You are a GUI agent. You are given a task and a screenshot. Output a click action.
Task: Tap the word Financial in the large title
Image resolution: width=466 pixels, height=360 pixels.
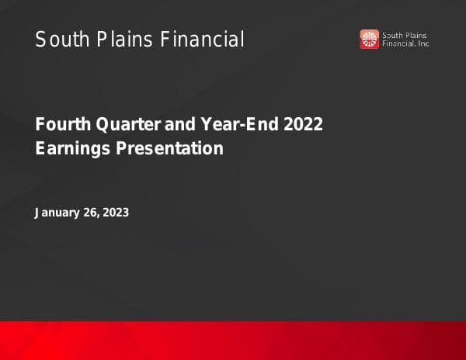point(203,39)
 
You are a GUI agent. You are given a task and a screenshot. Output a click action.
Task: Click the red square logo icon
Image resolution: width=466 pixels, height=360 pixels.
point(369,39)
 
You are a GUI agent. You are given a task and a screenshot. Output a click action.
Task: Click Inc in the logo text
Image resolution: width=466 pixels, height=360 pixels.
point(425,44)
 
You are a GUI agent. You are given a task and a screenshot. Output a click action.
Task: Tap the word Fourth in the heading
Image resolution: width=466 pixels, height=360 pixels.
point(60,124)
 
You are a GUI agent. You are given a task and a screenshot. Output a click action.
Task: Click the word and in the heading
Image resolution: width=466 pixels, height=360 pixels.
point(182,124)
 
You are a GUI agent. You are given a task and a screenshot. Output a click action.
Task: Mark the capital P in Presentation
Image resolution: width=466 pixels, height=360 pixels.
point(121,147)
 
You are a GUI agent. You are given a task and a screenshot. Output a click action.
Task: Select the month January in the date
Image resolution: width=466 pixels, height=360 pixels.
point(57,213)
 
